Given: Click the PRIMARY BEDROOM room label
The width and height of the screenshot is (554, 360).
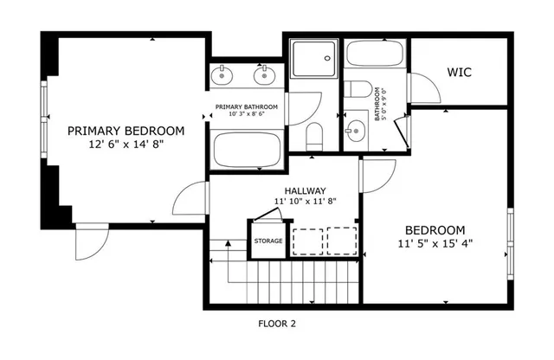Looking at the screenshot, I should (x=126, y=131).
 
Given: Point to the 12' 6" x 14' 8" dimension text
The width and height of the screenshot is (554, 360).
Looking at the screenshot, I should (x=126, y=145).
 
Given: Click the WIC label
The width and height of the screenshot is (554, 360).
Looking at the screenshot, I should (x=458, y=72).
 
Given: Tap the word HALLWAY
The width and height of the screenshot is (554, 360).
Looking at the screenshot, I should (x=305, y=190).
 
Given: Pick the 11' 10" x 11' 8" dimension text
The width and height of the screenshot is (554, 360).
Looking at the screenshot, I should (x=305, y=201).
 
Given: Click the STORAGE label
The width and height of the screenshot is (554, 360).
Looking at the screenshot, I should (x=267, y=241).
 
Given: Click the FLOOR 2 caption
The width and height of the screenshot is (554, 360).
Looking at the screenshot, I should (x=277, y=324).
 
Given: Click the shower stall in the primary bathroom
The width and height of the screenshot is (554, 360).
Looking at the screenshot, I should (x=312, y=58).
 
